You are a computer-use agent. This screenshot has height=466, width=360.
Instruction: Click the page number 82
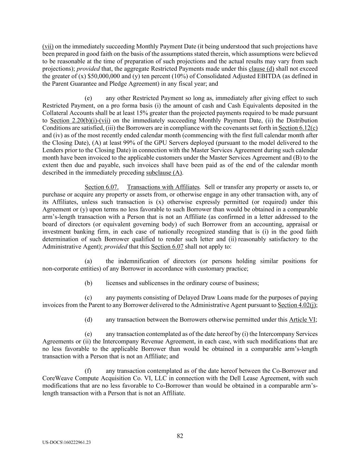[x=180, y=436]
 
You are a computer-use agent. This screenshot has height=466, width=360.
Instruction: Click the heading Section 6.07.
[x=101, y=187]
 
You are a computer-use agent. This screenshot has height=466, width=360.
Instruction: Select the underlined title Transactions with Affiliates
[x=163, y=187]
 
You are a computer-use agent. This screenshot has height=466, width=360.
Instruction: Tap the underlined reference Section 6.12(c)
[x=298, y=128]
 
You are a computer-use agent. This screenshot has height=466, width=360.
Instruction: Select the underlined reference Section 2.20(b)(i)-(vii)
[x=80, y=121]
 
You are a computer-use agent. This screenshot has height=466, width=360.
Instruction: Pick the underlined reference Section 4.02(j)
[x=297, y=305]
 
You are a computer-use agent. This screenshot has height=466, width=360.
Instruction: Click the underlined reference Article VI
[x=302, y=320]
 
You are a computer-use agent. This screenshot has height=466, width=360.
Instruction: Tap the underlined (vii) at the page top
[x=48, y=46]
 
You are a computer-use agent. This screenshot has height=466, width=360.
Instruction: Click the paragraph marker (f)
[x=88, y=371]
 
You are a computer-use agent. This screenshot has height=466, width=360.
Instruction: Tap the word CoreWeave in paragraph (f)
[x=56, y=378]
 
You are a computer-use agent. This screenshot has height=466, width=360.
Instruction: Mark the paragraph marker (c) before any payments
[x=88, y=298]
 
